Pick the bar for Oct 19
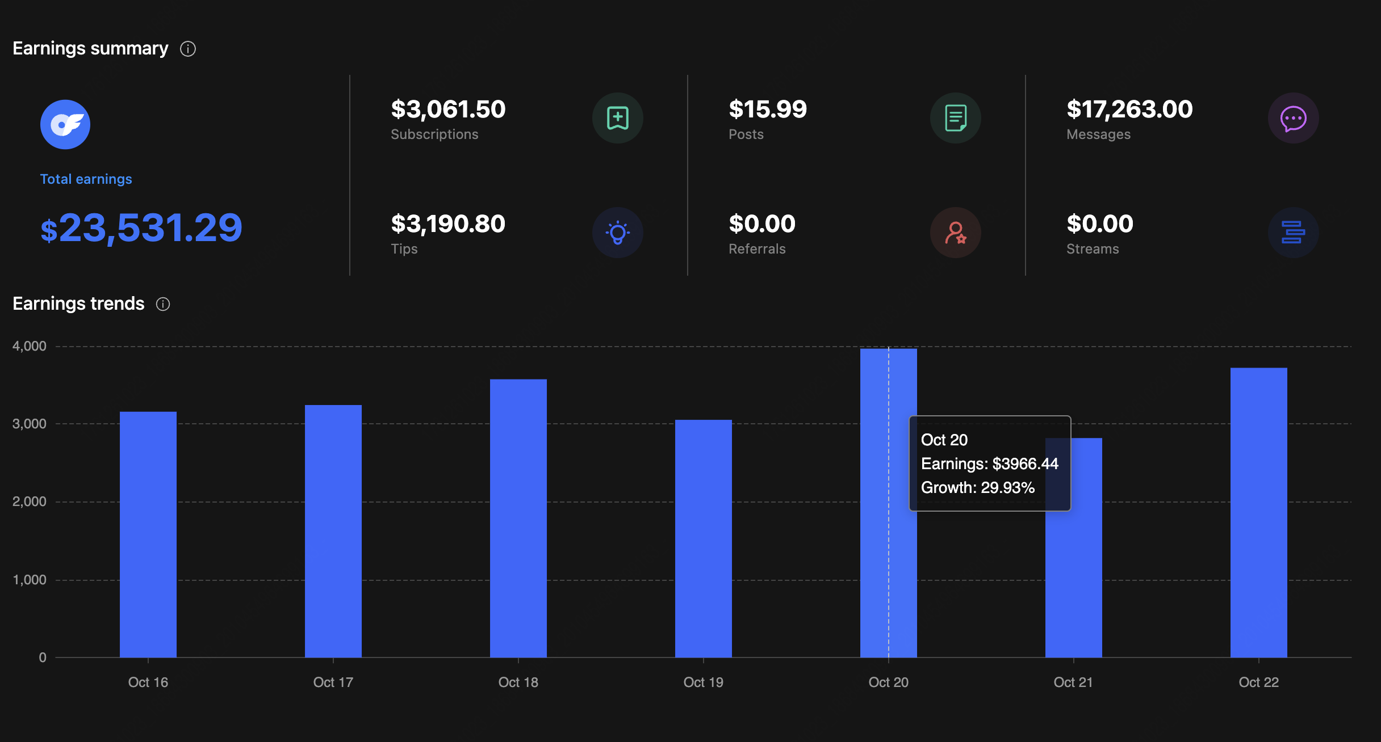point(704,538)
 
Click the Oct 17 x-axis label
point(333,682)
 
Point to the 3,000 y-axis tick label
point(30,424)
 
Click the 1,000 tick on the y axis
point(30,580)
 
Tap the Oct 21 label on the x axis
point(1073,682)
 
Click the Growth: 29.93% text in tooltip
point(977,488)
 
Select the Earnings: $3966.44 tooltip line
point(989,464)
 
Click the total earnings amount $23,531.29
point(141,228)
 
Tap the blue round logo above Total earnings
point(65,124)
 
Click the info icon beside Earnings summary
point(188,49)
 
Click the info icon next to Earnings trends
point(163,304)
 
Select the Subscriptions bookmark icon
point(618,118)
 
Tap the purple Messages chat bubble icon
point(1293,118)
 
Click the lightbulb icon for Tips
point(618,233)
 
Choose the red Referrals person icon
point(956,233)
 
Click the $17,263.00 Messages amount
point(1129,109)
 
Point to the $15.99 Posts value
point(768,109)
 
